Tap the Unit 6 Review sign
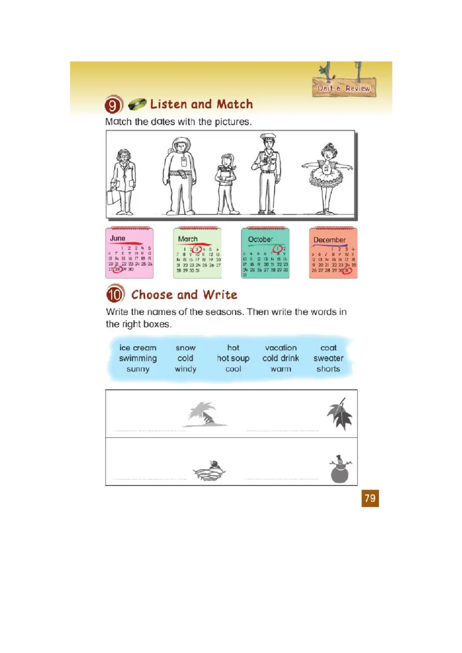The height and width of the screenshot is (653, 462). (x=344, y=88)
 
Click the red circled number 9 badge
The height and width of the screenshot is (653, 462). (x=113, y=105)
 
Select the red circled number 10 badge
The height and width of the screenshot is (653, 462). (x=115, y=295)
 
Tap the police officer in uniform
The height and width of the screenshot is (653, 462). (x=266, y=174)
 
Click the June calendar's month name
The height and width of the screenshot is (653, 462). (x=118, y=238)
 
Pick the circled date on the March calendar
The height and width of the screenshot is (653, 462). (x=197, y=249)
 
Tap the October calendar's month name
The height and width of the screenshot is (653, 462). (x=260, y=239)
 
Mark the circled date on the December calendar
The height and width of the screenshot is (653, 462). (x=347, y=270)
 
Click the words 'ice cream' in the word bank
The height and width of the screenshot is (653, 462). (x=137, y=348)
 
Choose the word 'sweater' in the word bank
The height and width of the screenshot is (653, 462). (x=328, y=358)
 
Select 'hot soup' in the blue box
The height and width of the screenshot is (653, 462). (x=233, y=358)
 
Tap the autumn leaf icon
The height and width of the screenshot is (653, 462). (x=339, y=415)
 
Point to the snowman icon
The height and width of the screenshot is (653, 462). (x=339, y=469)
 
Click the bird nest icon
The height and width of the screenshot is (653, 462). (x=209, y=471)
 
